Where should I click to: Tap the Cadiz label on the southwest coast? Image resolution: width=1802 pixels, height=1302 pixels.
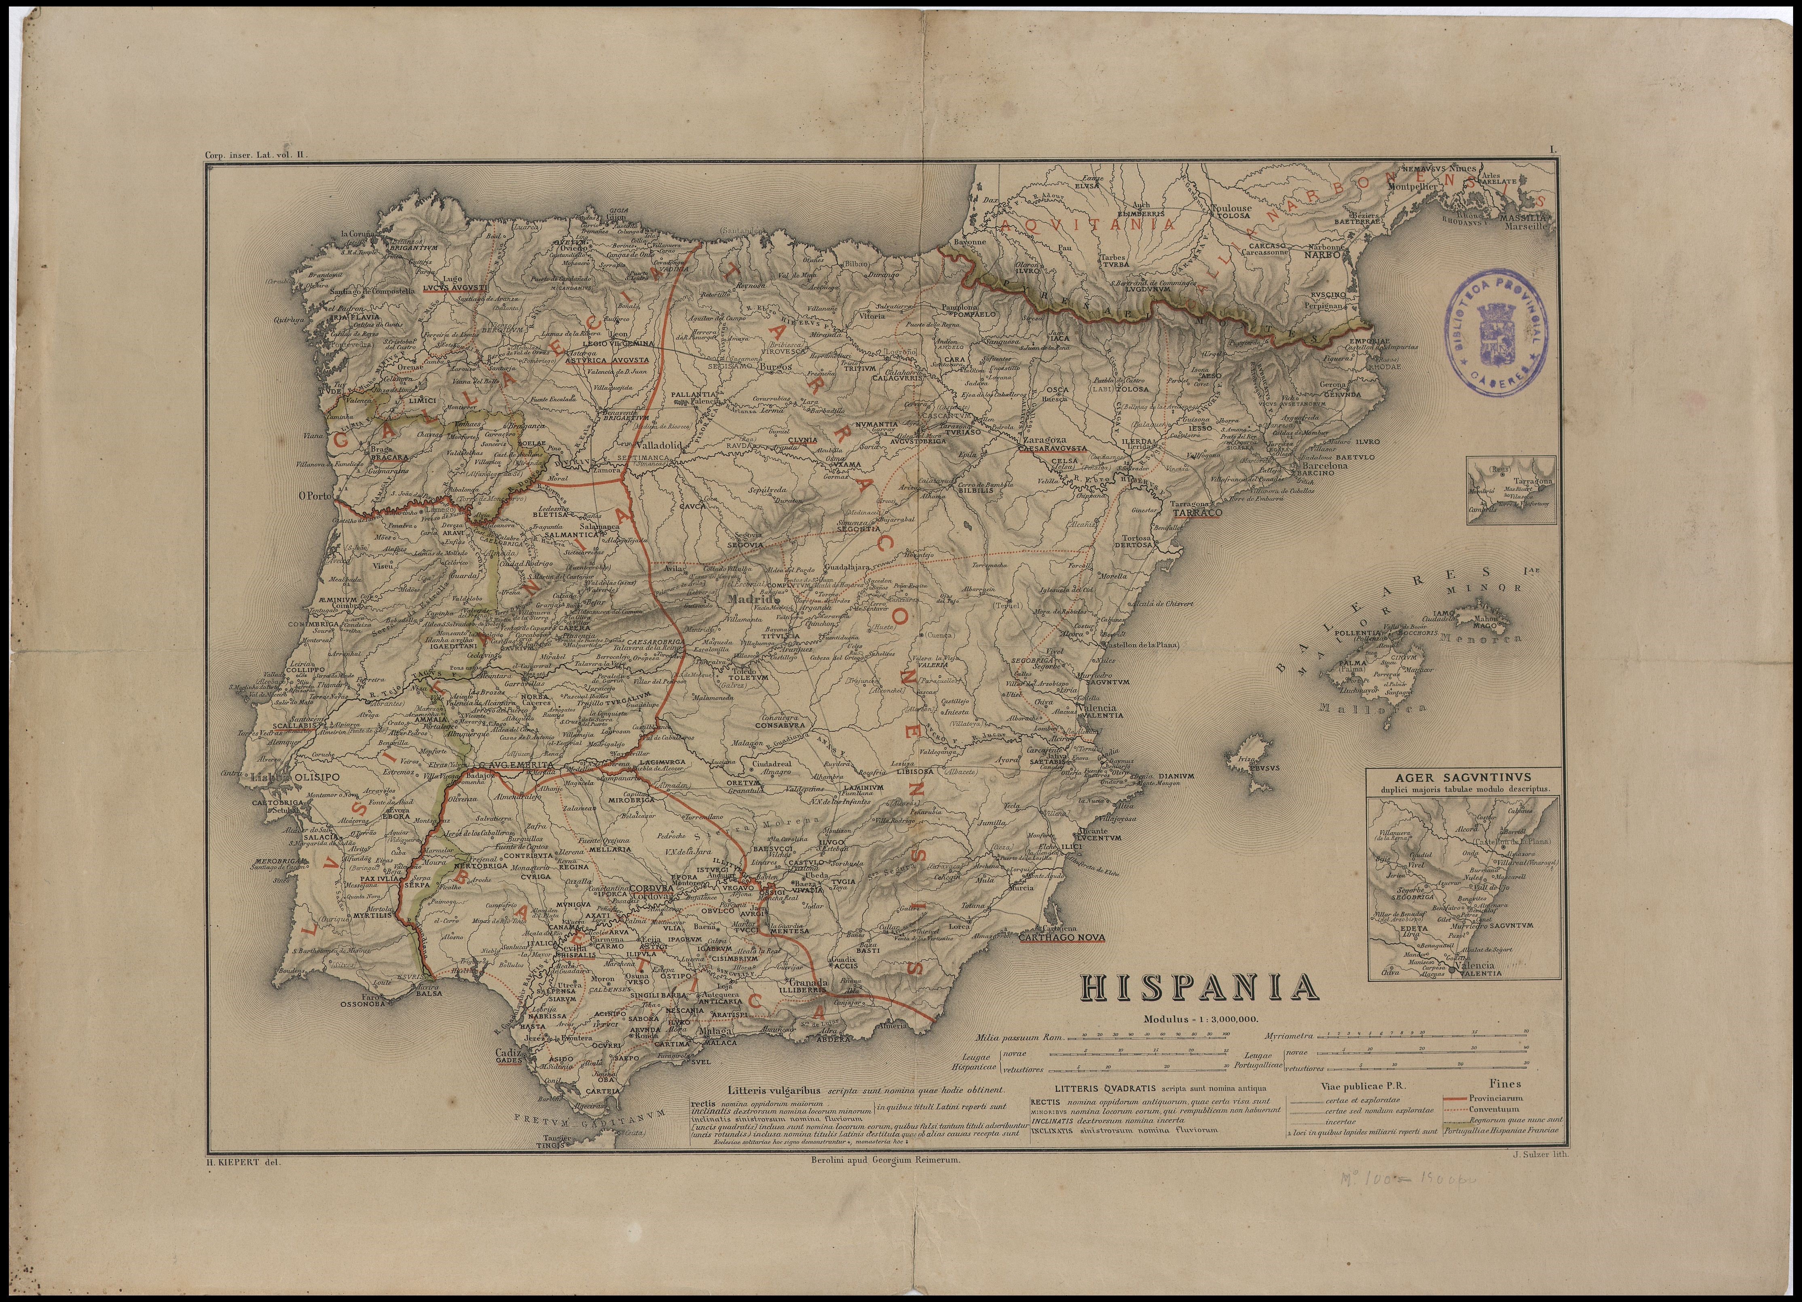tap(507, 1051)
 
